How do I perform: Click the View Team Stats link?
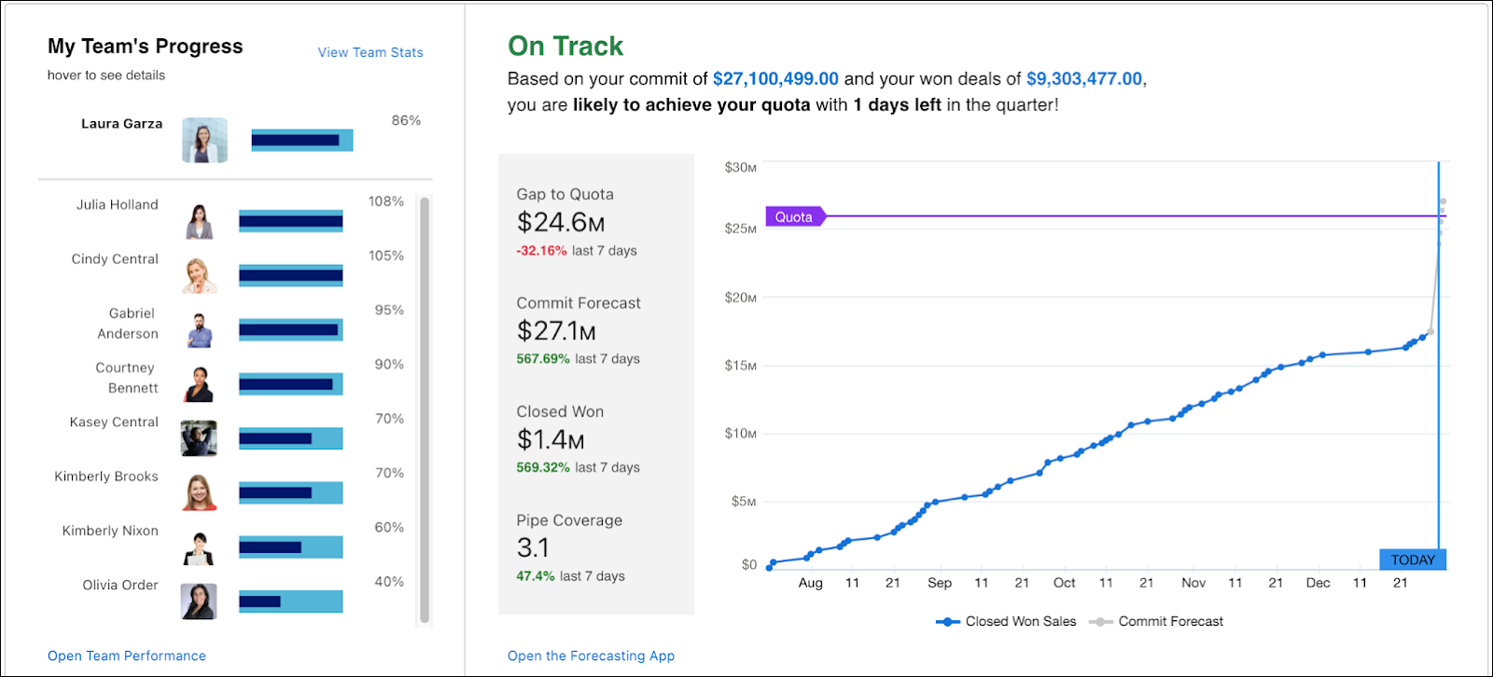coord(370,52)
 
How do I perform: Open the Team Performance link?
coord(127,656)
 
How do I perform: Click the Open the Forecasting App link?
coord(591,656)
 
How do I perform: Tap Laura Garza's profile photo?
coord(204,140)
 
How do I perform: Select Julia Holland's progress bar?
coord(290,221)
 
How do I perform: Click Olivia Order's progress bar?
coord(290,601)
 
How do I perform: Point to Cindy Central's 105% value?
coord(386,256)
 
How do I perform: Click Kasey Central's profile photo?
coord(199,438)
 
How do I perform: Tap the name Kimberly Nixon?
coord(110,531)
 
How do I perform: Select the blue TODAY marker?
coord(1413,560)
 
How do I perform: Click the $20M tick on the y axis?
coord(741,297)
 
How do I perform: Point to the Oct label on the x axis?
coord(1064,583)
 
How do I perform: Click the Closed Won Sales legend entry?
coord(1006,622)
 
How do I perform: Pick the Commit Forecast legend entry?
coord(1156,622)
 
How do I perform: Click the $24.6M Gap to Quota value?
coord(561,223)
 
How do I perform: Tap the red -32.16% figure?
coord(541,251)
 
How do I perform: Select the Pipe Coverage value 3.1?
coord(533,547)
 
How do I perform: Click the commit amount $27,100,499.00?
coord(775,78)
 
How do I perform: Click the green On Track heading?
coord(565,46)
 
